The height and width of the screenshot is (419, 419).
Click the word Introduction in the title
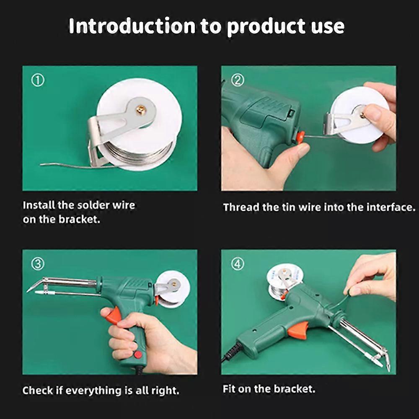click(x=132, y=26)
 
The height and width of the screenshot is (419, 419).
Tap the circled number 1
click(x=38, y=80)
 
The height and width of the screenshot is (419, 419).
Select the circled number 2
click(x=238, y=80)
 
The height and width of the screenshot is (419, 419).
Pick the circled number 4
click(x=238, y=264)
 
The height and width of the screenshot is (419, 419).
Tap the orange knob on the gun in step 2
click(x=300, y=136)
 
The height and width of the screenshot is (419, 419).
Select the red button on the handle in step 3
click(x=138, y=354)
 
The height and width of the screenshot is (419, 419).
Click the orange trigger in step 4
click(x=298, y=329)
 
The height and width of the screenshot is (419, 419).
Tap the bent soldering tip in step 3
click(x=36, y=285)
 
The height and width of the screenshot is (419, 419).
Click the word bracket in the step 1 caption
click(x=79, y=220)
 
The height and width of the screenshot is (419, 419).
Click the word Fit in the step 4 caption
click(x=229, y=388)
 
